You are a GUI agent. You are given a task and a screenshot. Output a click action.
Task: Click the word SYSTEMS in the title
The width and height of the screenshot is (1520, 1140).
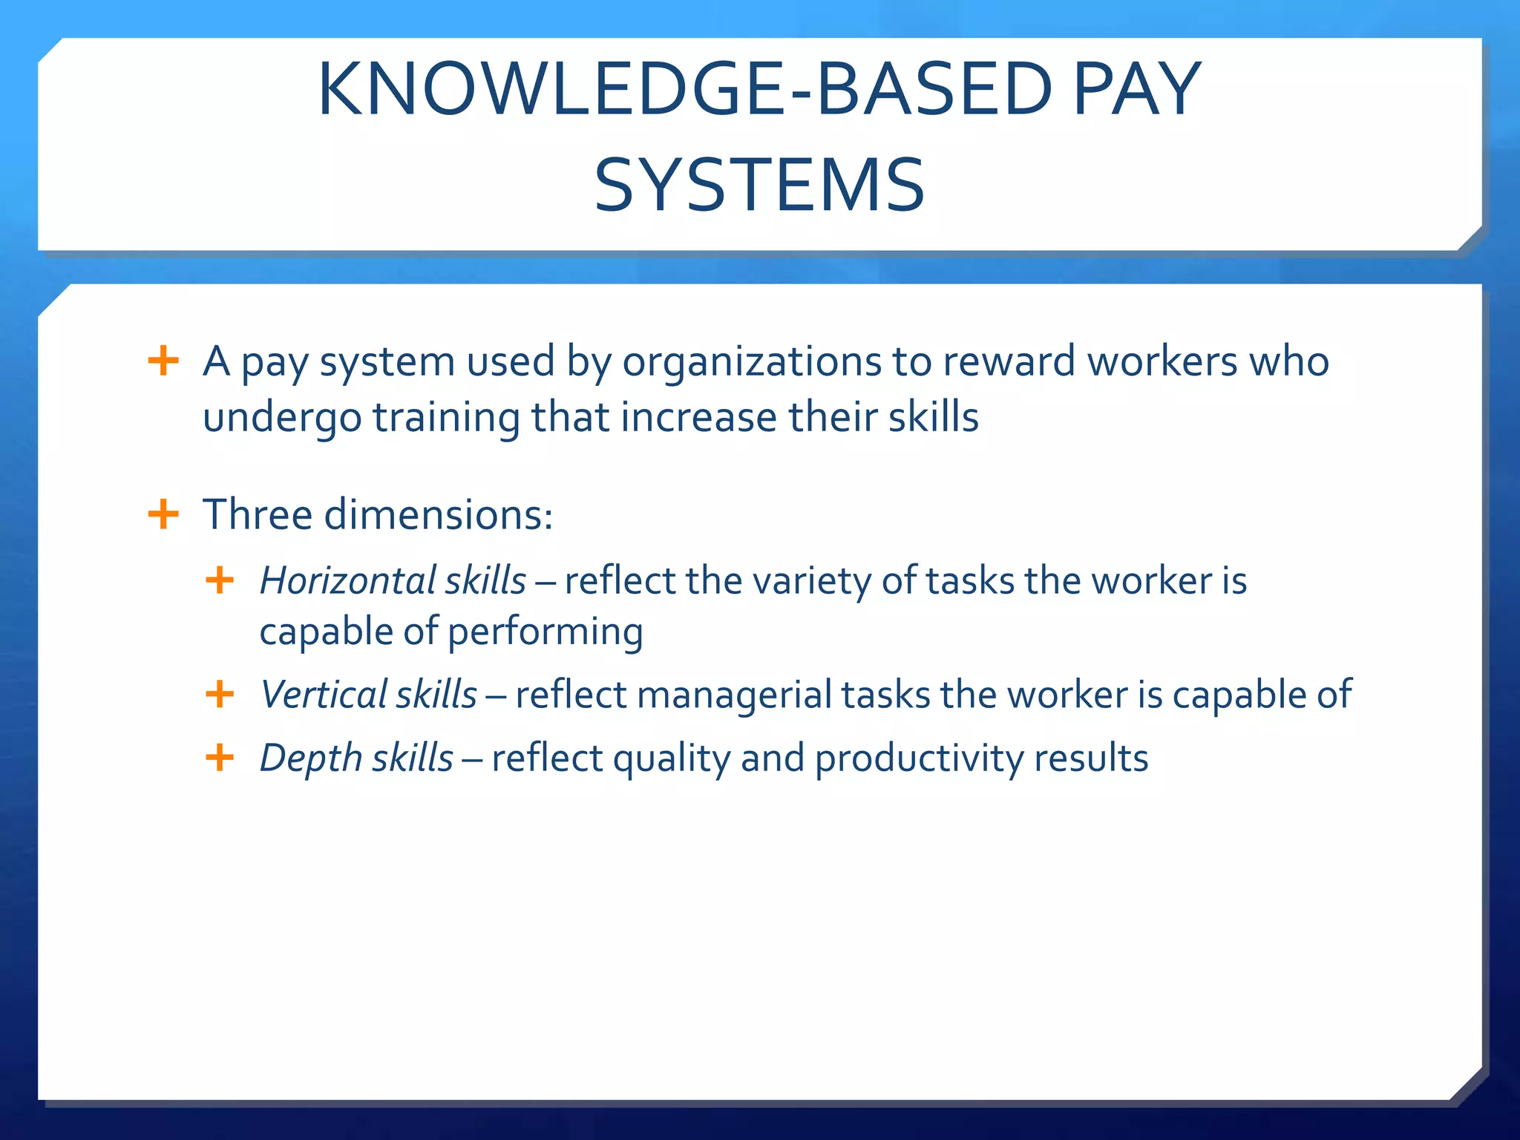759,186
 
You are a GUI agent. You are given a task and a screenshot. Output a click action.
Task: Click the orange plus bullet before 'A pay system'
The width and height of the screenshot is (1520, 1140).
163,361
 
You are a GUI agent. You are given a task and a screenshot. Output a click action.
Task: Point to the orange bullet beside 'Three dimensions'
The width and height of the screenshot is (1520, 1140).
163,514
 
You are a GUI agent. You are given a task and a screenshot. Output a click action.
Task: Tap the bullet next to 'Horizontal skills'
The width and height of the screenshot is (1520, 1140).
220,580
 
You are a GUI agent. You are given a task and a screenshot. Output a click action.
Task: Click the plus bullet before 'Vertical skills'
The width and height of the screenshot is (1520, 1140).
220,695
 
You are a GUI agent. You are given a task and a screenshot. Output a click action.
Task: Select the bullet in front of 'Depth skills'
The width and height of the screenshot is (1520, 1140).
220,758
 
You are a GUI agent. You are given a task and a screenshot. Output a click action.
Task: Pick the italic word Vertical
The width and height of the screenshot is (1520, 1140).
324,695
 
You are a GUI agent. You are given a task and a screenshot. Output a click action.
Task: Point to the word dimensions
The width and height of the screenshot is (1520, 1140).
438,514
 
